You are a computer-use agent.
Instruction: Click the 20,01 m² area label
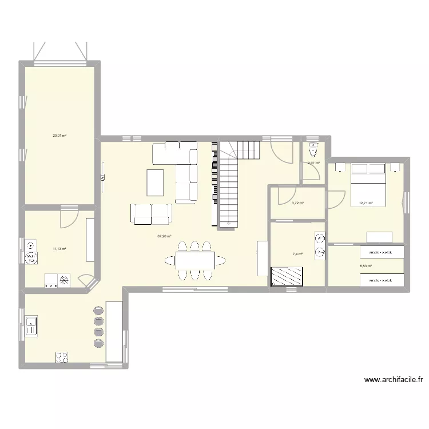(x=59, y=136)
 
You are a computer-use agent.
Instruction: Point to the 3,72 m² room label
(x=297, y=203)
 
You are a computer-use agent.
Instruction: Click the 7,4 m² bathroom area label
(x=297, y=255)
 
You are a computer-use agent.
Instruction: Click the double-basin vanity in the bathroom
(x=319, y=245)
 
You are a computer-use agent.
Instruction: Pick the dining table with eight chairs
(x=195, y=261)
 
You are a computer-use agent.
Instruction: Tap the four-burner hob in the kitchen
(x=62, y=357)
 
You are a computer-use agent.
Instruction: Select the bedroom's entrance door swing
(x=337, y=197)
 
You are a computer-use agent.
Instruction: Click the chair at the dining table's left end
(x=170, y=261)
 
